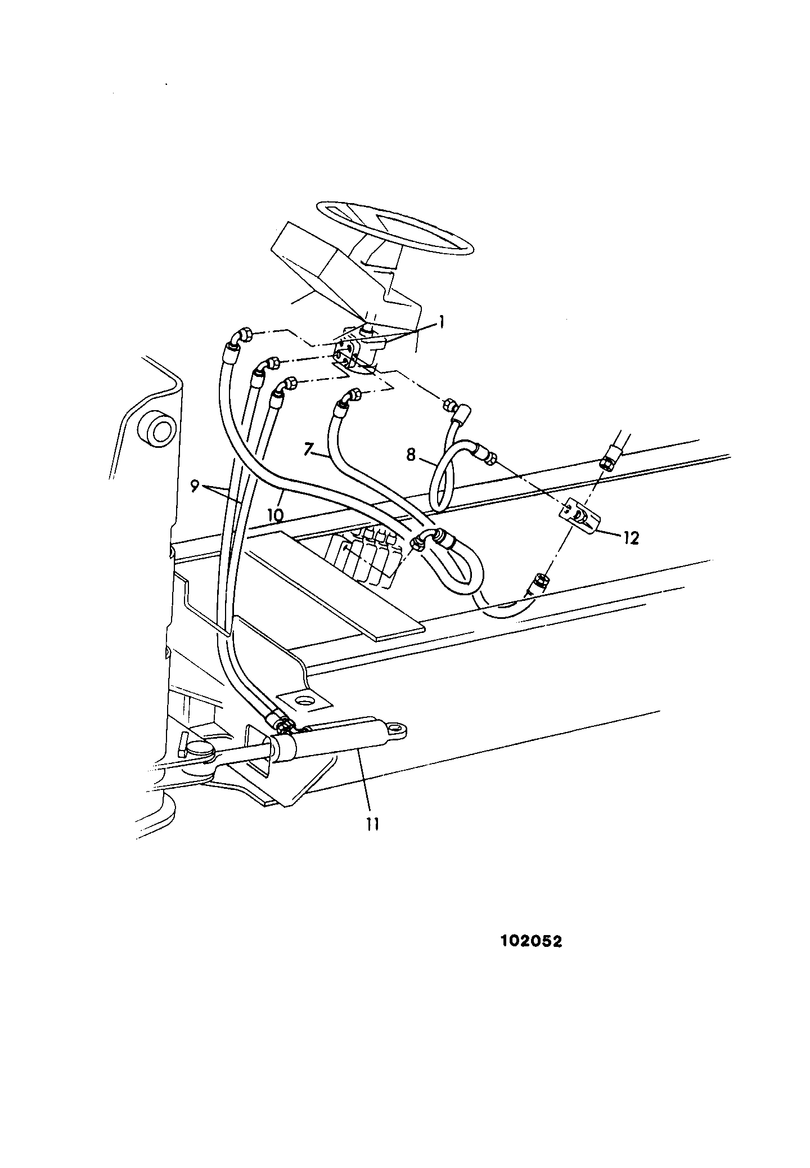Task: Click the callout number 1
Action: point(442,322)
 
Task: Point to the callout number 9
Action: point(195,470)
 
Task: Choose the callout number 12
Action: point(631,538)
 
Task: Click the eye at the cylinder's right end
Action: point(396,730)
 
